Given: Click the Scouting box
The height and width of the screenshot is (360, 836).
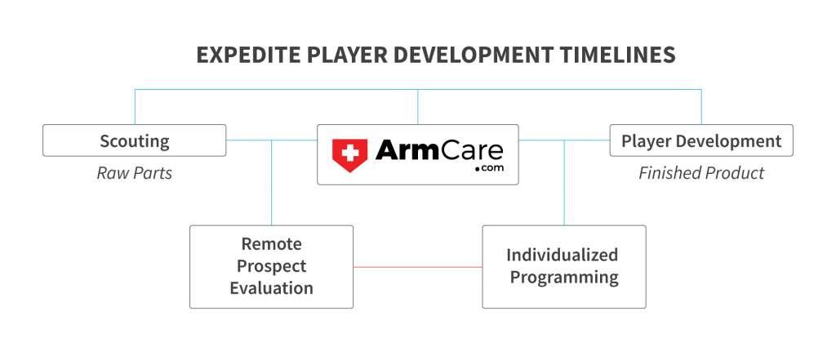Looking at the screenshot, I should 134,140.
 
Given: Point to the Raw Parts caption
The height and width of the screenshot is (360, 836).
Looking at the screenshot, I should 134,173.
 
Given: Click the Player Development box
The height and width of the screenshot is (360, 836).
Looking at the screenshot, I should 701,140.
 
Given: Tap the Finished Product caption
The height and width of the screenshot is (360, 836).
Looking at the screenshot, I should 701,173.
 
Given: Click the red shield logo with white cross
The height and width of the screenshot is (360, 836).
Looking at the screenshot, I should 349,154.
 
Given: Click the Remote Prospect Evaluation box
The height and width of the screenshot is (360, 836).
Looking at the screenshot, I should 271,266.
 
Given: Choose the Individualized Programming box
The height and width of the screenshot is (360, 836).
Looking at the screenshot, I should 563,266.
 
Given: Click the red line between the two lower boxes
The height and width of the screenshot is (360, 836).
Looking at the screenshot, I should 417,267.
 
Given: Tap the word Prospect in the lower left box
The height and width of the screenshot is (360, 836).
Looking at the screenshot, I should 271,266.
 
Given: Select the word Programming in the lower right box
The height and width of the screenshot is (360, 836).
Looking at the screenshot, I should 563,278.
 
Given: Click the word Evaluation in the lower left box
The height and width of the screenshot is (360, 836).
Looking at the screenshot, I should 271,287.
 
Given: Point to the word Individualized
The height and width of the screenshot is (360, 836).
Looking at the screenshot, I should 563,255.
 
